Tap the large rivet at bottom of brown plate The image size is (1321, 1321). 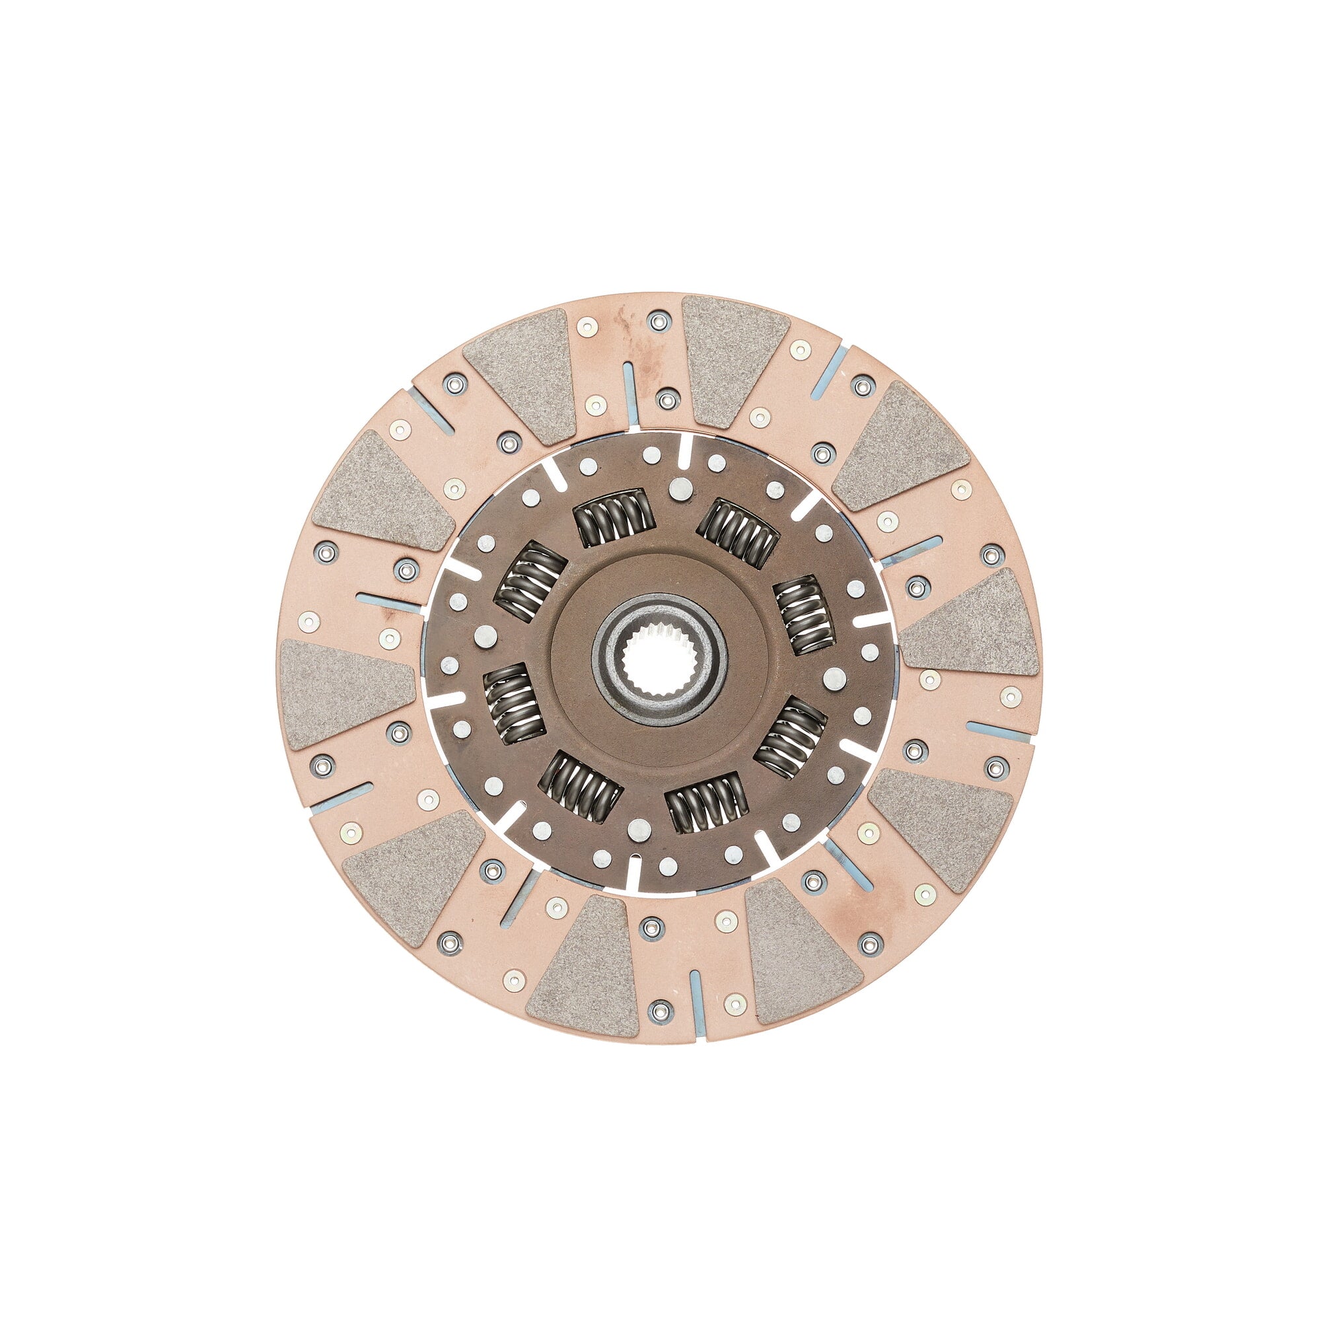[x=638, y=828]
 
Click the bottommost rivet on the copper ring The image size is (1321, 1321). [x=660, y=1010]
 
